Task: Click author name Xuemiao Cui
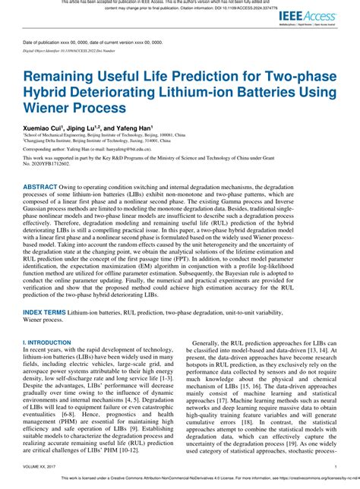pos(42,129)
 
